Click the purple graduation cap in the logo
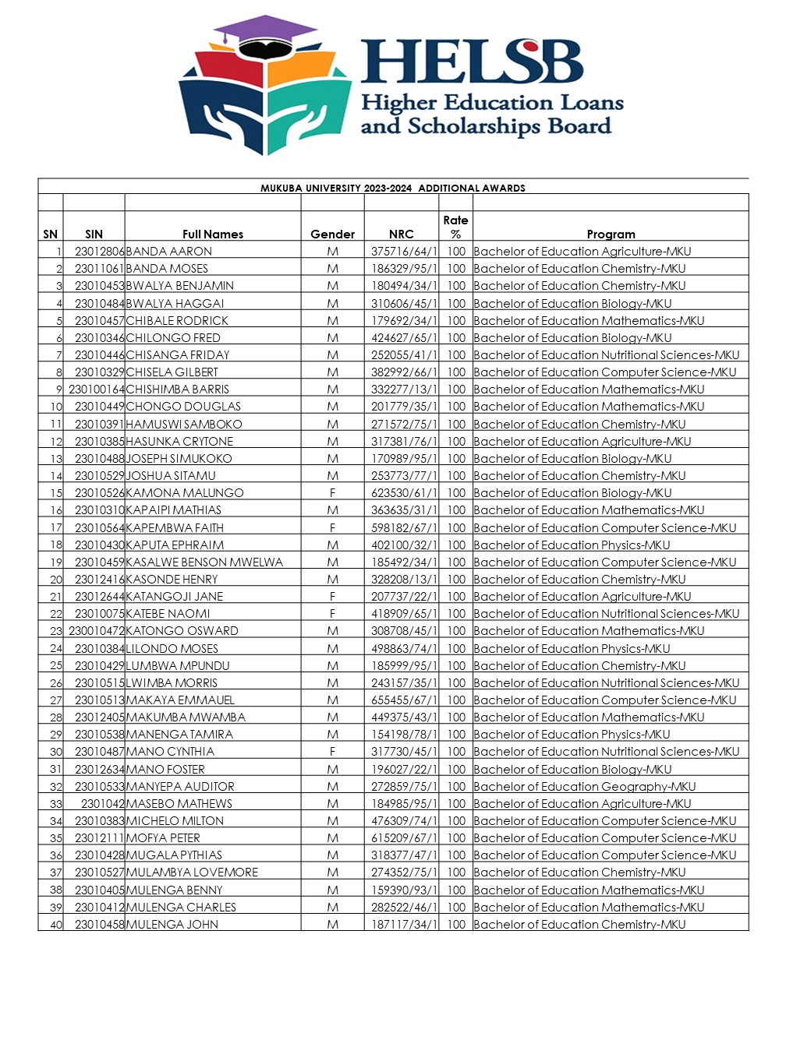coord(265,33)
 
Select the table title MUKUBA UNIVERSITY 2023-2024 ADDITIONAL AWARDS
coord(393,188)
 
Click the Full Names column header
coord(213,234)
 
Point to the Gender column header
coord(332,234)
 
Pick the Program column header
coord(611,234)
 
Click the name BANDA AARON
coord(169,252)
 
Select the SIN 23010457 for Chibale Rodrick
coord(99,321)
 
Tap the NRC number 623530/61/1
coord(403,493)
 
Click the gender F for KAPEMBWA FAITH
coord(332,527)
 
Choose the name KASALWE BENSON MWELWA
coord(204,562)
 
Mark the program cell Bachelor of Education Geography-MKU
coord(585,787)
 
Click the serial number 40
coord(56,925)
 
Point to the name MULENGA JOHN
coord(172,925)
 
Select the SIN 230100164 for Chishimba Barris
coord(96,390)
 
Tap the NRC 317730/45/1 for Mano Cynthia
coord(403,752)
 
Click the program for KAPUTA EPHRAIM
coord(572,545)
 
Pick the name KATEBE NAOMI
coord(168,614)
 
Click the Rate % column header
coord(455,227)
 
